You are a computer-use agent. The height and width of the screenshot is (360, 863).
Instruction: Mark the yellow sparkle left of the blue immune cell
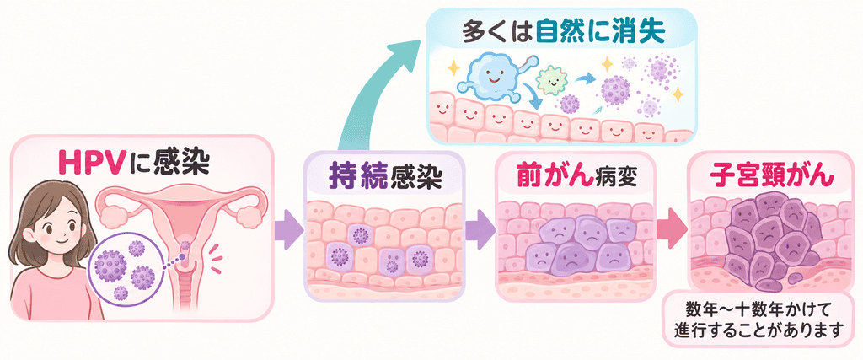coord(453,68)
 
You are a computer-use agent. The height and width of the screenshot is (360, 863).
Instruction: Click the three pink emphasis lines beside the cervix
coord(215,259)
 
